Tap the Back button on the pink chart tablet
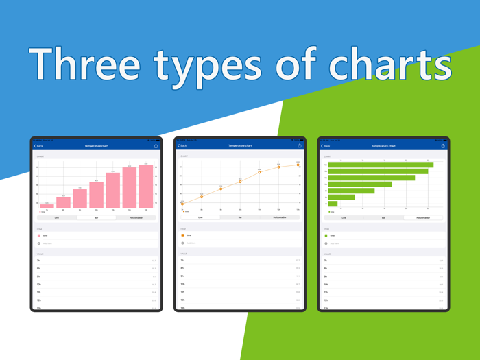click(x=38, y=146)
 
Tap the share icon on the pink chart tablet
click(x=156, y=146)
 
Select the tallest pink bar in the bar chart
click(x=146, y=187)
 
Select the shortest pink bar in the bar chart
click(x=47, y=206)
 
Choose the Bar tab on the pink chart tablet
click(x=96, y=217)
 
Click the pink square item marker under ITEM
click(x=39, y=235)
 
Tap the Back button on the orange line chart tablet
click(x=182, y=146)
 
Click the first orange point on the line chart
click(x=182, y=204)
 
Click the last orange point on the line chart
click(x=298, y=165)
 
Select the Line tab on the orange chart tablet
click(x=200, y=217)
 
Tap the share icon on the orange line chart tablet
click(x=300, y=146)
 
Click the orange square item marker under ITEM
click(x=182, y=235)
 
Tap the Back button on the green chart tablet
click(x=326, y=146)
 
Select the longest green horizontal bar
click(x=381, y=165)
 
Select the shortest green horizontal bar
click(x=333, y=204)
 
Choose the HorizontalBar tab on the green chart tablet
click(x=423, y=217)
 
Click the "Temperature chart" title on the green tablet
click(x=383, y=146)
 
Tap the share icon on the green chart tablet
click(x=443, y=146)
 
